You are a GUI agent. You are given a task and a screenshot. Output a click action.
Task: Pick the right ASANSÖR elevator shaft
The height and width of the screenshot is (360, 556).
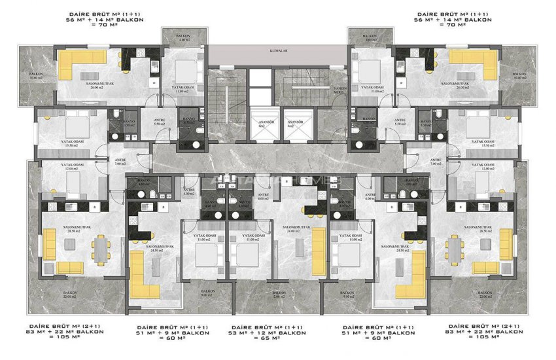click(x=296, y=124)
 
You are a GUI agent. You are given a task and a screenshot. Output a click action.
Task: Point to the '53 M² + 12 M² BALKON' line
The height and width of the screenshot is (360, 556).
click(x=277, y=333)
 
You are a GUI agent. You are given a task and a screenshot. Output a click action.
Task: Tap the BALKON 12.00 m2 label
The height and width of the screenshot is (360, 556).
click(x=278, y=295)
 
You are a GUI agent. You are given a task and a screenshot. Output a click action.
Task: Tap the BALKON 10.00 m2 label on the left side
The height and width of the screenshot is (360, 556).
click(x=35, y=76)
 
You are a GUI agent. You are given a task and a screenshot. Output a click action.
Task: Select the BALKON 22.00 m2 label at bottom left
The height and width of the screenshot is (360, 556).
click(x=71, y=295)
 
